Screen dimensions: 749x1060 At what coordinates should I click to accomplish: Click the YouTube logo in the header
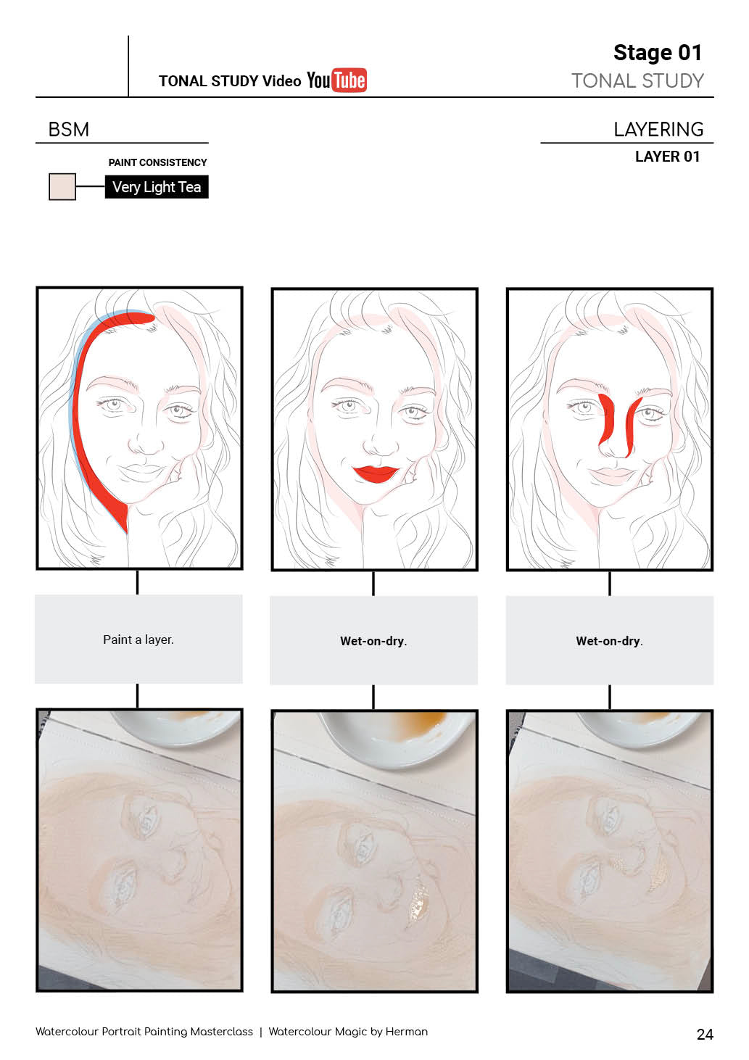pyautogui.click(x=336, y=80)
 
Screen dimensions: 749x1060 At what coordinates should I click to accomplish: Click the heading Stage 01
pyautogui.click(x=657, y=52)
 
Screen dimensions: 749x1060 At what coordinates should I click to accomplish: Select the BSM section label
pyautogui.click(x=69, y=129)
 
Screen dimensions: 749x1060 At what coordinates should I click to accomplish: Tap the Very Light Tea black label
pyautogui.click(x=157, y=187)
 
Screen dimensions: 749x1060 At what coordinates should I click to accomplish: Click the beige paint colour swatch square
pyautogui.click(x=62, y=186)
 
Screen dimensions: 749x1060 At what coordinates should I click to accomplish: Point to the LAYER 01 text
pyautogui.click(x=667, y=157)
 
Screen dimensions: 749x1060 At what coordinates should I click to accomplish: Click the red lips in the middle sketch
pyautogui.click(x=376, y=473)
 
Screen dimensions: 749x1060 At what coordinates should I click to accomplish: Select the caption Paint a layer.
pyautogui.click(x=138, y=639)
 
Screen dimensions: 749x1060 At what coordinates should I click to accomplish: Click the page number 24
pyautogui.click(x=705, y=1034)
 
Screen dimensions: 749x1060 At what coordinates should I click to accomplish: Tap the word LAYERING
pyautogui.click(x=658, y=129)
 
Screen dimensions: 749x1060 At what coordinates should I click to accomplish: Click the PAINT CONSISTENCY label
pyautogui.click(x=157, y=162)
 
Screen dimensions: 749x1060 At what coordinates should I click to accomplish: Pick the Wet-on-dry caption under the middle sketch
pyautogui.click(x=373, y=641)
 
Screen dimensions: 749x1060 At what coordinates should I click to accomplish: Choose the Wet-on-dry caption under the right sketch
pyautogui.click(x=609, y=641)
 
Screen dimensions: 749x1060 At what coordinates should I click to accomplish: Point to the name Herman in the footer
pyautogui.click(x=407, y=1032)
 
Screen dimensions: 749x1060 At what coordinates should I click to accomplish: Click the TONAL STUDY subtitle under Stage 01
pyautogui.click(x=638, y=81)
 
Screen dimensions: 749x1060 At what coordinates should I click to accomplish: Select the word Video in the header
pyautogui.click(x=282, y=81)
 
